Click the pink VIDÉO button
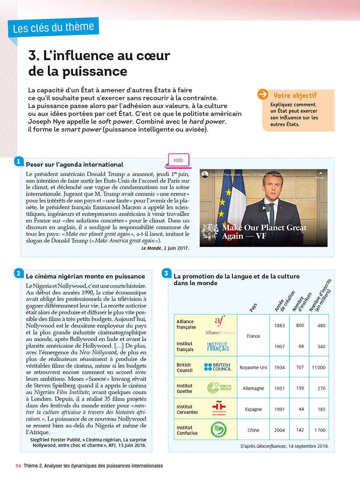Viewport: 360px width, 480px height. [x=179, y=160]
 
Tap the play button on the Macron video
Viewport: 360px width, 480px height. [x=264, y=208]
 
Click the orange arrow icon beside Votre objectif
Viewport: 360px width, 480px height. [x=263, y=94]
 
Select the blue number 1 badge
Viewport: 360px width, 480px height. [x=19, y=162]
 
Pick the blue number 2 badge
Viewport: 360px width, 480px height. [x=19, y=273]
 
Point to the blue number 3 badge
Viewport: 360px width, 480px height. [x=166, y=273]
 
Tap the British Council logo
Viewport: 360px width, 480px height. [x=218, y=367]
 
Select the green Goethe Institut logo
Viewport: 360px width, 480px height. [x=219, y=388]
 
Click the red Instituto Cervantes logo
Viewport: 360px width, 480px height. [x=219, y=408]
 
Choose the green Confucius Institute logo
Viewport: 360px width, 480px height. [x=219, y=429]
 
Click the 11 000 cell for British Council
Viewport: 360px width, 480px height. [x=319, y=367]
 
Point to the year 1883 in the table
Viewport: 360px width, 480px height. [x=279, y=326]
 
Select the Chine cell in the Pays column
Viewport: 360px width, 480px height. [x=253, y=430]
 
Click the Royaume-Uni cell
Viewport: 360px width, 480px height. [x=253, y=367]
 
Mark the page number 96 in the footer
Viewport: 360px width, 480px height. [x=18, y=466]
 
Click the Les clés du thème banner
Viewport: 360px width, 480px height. [x=53, y=28]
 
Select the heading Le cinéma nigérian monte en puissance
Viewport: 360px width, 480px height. [x=85, y=276]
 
